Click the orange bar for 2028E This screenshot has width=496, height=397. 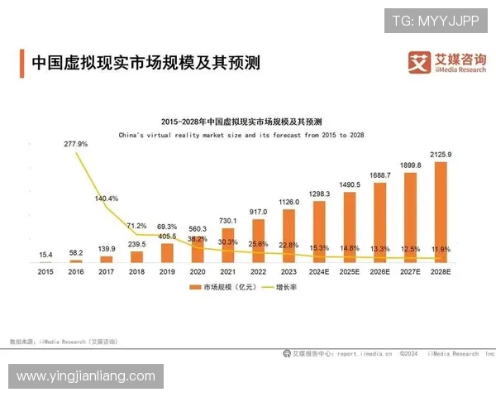(x=440, y=212)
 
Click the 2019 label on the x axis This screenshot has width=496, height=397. (x=167, y=270)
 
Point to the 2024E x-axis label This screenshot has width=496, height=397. (x=319, y=270)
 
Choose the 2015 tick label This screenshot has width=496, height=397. (x=45, y=270)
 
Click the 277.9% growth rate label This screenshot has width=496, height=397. (x=76, y=144)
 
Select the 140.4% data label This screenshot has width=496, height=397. (x=107, y=198)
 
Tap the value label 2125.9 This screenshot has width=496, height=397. (x=441, y=155)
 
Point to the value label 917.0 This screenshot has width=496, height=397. (x=259, y=212)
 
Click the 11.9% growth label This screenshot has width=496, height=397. (x=441, y=248)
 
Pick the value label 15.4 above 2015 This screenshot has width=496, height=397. (x=45, y=253)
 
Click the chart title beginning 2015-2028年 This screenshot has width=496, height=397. (x=241, y=121)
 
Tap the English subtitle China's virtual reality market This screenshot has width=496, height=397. (x=241, y=134)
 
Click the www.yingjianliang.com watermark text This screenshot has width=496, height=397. (x=86, y=376)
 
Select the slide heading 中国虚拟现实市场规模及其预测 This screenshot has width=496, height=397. (x=145, y=63)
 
